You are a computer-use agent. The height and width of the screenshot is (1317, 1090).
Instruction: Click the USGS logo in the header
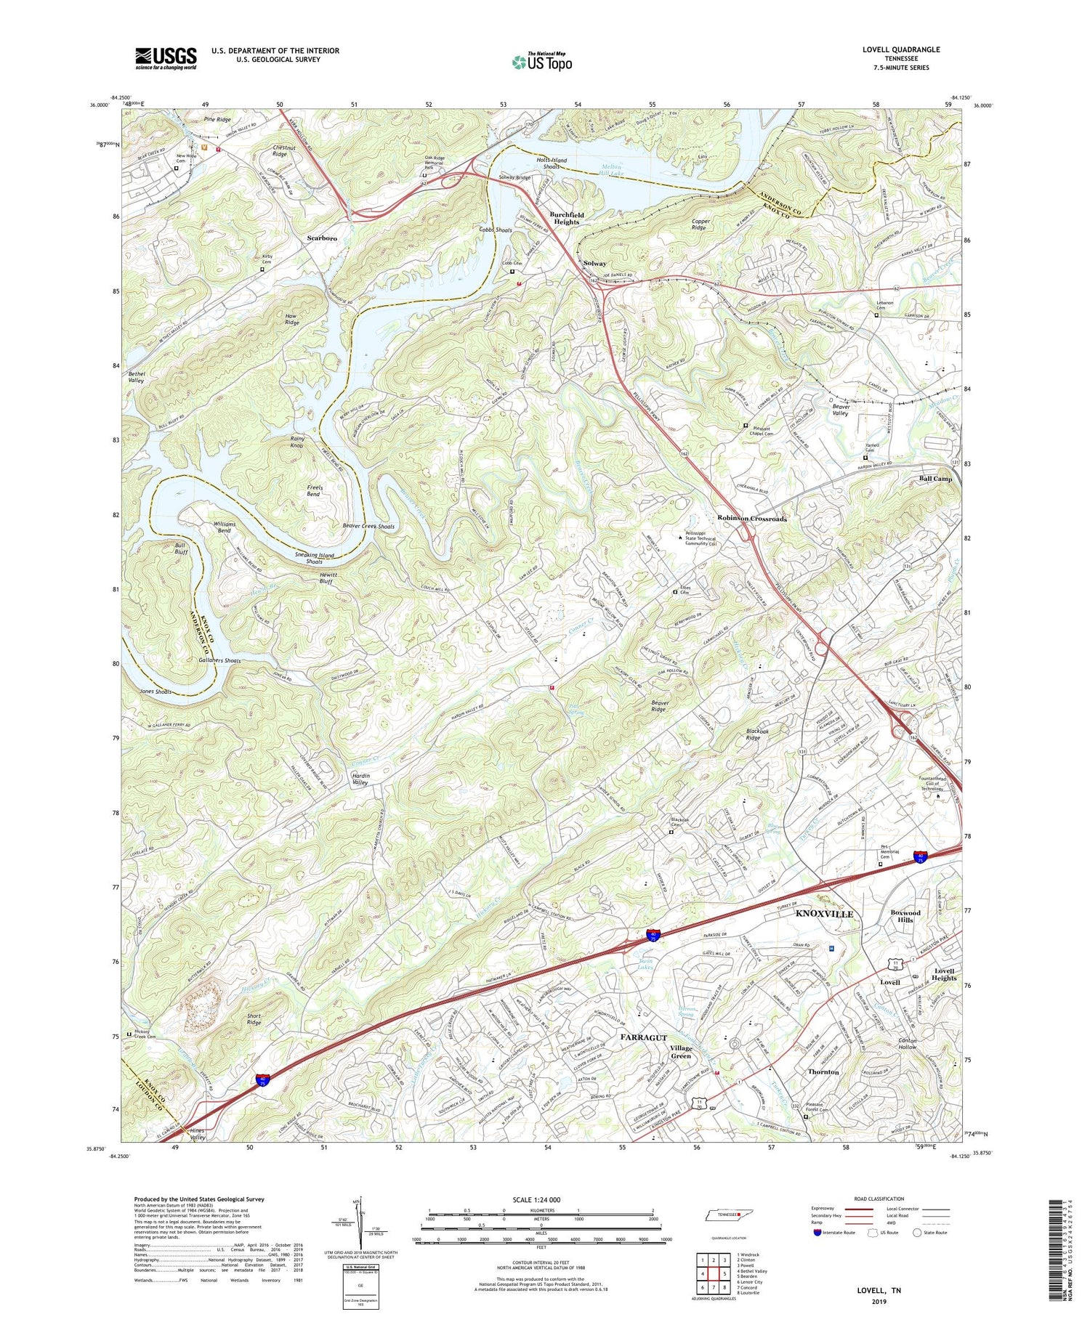click(166, 58)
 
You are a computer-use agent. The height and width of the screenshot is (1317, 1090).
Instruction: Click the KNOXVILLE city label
click(824, 914)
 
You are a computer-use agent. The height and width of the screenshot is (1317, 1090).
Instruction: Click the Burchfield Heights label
click(566, 219)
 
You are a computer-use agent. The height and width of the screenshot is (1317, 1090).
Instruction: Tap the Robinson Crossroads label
click(752, 519)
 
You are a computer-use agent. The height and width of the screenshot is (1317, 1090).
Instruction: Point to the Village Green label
click(680, 1052)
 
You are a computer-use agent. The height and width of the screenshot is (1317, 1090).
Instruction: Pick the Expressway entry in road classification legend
click(825, 1209)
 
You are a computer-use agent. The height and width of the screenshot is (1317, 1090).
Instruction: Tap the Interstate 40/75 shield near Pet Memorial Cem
click(921, 857)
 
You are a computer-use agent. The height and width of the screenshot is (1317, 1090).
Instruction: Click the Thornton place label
click(823, 1071)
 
